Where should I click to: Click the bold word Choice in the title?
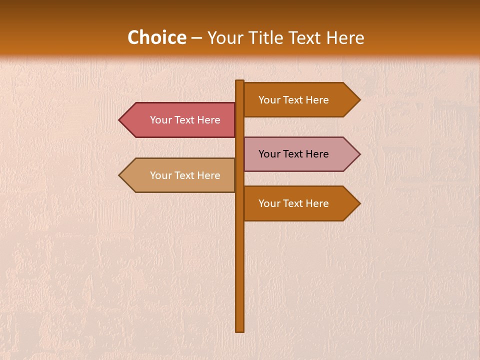tap(156, 37)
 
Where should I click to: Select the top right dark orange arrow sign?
tap(300, 99)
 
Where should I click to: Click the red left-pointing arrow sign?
tap(180, 120)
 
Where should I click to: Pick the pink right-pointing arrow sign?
tap(300, 154)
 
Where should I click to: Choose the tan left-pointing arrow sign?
tap(180, 175)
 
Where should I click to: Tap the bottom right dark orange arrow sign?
tap(300, 203)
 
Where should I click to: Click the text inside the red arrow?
tap(185, 120)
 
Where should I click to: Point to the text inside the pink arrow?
tap(293, 154)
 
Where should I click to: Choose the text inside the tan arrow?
tap(185, 175)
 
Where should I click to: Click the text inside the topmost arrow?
tap(293, 100)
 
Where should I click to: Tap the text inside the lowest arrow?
tap(293, 203)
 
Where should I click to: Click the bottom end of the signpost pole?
tap(240, 330)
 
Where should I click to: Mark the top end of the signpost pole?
tap(240, 81)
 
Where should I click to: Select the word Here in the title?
tap(345, 37)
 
